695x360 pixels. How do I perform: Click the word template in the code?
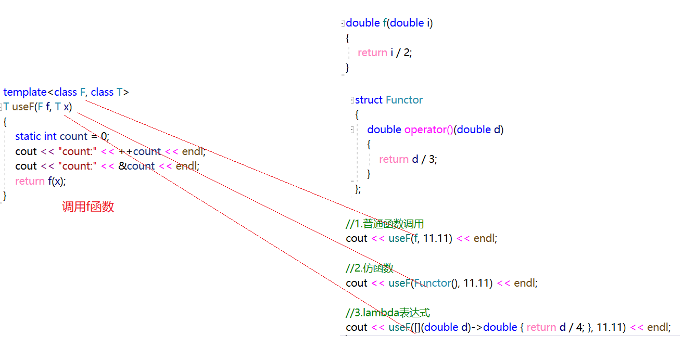25,92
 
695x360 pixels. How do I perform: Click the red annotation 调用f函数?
88,207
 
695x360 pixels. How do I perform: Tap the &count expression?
141,166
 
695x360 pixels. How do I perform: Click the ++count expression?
140,151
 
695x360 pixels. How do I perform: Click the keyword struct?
369,100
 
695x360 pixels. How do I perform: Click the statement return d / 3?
408,159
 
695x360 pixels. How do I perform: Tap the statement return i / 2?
385,53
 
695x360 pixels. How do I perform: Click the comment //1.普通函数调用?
385,224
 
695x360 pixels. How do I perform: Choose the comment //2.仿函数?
370,268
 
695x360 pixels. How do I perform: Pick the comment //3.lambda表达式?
388,313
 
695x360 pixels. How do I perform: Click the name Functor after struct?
405,100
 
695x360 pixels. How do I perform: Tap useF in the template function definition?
23,107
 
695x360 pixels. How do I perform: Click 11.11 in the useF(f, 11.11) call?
437,238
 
